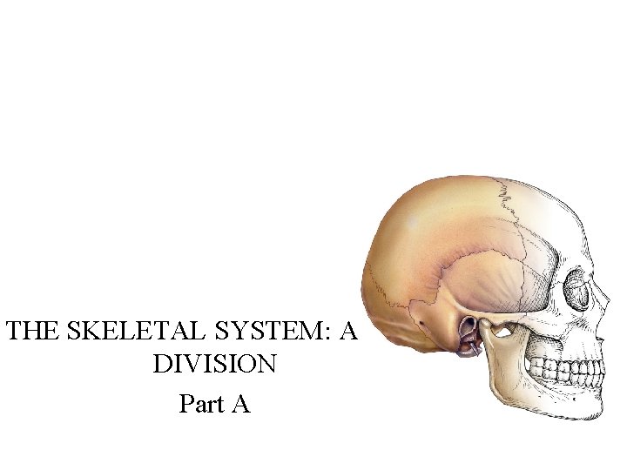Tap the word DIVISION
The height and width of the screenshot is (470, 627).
click(x=214, y=364)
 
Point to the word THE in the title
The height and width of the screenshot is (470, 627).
click(x=30, y=331)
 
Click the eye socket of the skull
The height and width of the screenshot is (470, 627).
click(x=577, y=289)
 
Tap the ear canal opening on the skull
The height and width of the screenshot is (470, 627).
click(x=468, y=330)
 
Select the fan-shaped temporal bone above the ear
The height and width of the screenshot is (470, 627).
click(x=483, y=279)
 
